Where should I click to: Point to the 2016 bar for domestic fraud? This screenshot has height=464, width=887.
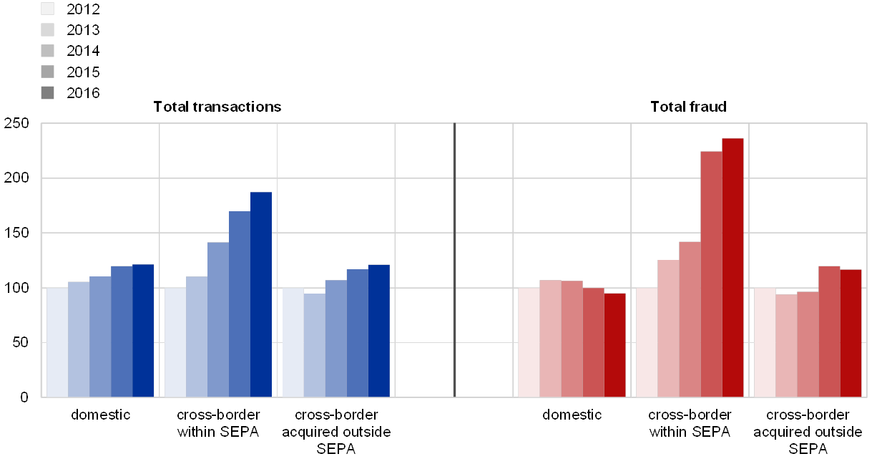tap(614, 344)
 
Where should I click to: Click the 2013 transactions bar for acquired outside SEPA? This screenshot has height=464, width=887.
tap(315, 345)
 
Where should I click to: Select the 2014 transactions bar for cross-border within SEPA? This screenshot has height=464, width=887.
tap(218, 319)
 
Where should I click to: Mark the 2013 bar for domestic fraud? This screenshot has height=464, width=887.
tap(550, 338)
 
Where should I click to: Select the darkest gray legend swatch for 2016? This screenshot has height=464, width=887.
tap(48, 92)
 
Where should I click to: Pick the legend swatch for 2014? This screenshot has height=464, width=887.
tap(48, 51)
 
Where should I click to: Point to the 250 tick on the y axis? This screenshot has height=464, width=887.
tap(16, 124)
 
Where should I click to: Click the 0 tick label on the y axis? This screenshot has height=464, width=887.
tap(24, 397)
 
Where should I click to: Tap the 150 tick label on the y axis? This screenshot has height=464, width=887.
tap(16, 233)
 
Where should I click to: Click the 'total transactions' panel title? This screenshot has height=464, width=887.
tap(222, 107)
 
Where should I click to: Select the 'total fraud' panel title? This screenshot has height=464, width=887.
tap(692, 107)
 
